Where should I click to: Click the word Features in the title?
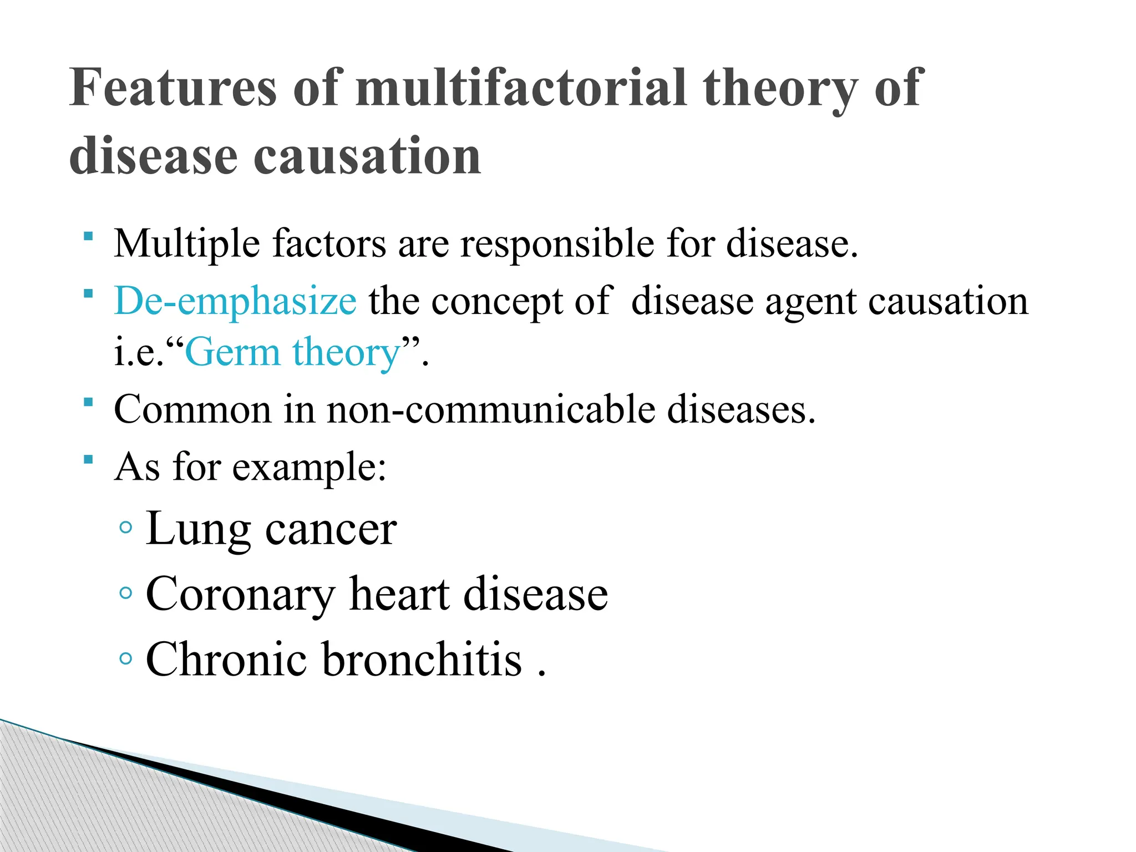(x=173, y=88)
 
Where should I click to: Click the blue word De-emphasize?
(x=235, y=301)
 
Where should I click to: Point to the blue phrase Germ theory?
(x=293, y=353)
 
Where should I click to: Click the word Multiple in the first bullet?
(x=186, y=244)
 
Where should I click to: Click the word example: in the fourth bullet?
(x=309, y=468)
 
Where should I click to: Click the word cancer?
(x=331, y=530)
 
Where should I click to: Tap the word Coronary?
(x=240, y=595)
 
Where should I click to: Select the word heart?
(x=399, y=595)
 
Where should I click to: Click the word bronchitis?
(x=422, y=660)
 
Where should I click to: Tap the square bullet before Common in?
(x=88, y=402)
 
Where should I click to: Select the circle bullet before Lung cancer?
(x=126, y=528)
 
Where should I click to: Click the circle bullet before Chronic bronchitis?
(x=126, y=659)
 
